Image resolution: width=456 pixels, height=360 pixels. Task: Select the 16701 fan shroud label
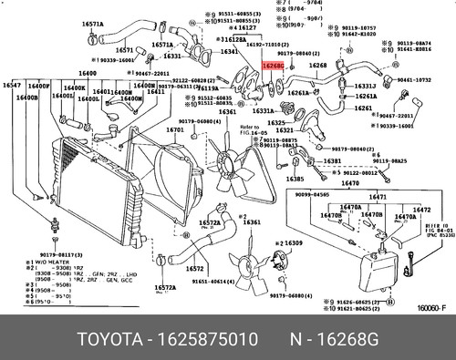pyautogui.click(x=174, y=129)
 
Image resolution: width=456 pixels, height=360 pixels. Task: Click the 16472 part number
pyautogui.click(x=421, y=210)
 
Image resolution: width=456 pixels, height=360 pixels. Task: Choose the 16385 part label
pyautogui.click(x=295, y=180)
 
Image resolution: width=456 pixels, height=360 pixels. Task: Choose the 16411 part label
pyautogui.click(x=156, y=92)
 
